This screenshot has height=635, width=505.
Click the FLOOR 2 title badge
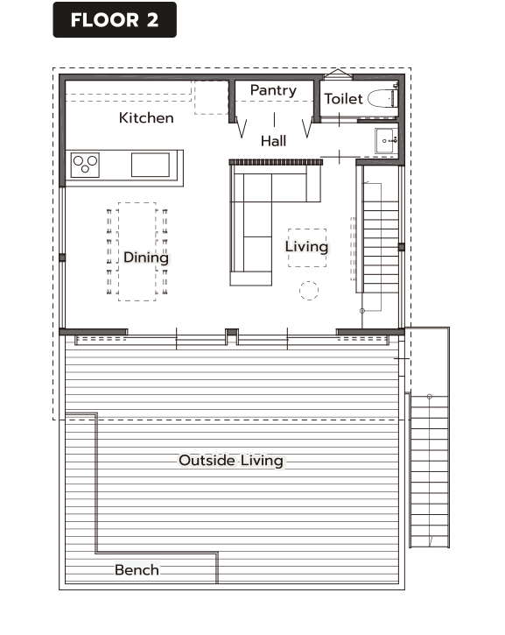[115, 20]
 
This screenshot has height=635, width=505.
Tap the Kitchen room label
[146, 118]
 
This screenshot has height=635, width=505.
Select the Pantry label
[273, 90]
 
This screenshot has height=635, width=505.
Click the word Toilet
[344, 99]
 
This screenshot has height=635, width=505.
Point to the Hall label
[273, 141]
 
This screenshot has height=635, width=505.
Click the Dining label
[145, 258]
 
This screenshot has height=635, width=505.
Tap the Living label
[306, 247]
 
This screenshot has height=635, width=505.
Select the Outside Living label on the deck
[231, 461]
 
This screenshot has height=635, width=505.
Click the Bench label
[137, 570]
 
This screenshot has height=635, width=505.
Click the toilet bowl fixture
[382, 98]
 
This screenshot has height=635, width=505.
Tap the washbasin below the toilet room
[386, 140]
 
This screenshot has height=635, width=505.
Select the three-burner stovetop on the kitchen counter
[85, 165]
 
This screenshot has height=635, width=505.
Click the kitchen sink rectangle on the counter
[151, 165]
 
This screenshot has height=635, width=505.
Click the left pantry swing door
[242, 129]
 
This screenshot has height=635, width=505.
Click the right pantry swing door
[307, 128]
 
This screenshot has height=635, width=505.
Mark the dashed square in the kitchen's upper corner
[211, 97]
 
